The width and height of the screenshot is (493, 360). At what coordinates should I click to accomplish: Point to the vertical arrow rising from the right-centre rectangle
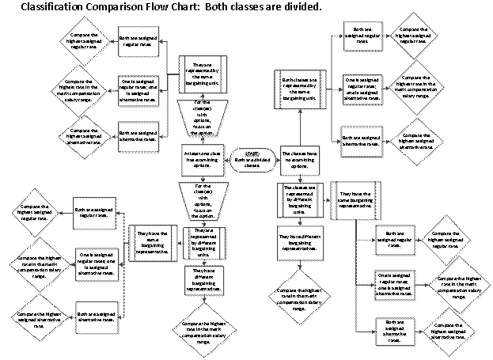coord(300,129)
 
